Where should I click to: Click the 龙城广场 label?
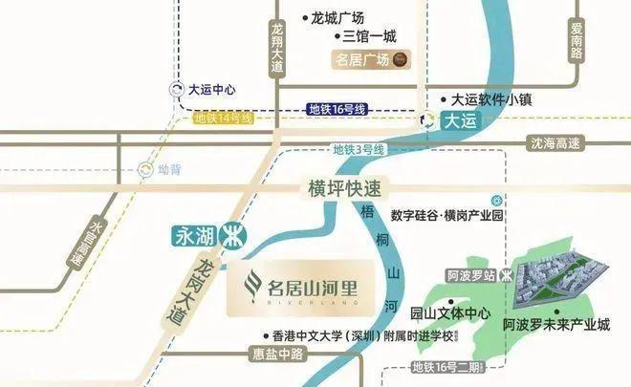(x=337, y=17)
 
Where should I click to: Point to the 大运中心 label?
(x=212, y=92)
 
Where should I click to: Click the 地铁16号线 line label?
(x=336, y=112)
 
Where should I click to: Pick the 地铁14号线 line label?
(x=223, y=118)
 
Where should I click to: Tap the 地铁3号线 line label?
(x=358, y=150)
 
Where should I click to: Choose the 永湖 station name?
(x=191, y=233)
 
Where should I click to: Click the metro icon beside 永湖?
(x=229, y=233)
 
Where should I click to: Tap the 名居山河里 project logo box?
(x=297, y=285)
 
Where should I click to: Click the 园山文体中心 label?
(x=449, y=313)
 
